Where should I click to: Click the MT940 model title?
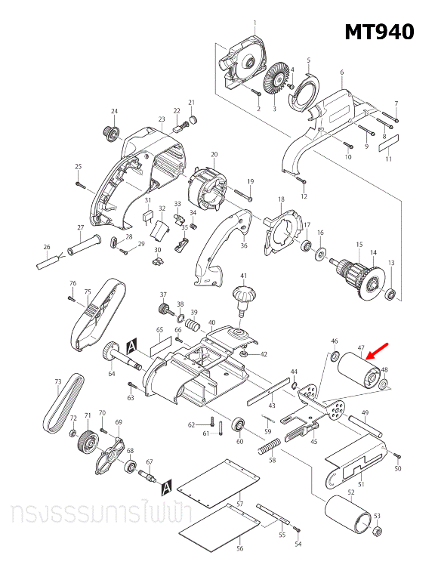coord(379,32)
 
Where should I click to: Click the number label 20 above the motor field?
coord(214,155)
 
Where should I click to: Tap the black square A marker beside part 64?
coord(133,345)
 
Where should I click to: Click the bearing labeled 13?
coord(390,292)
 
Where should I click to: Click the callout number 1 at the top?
coord(255,22)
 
